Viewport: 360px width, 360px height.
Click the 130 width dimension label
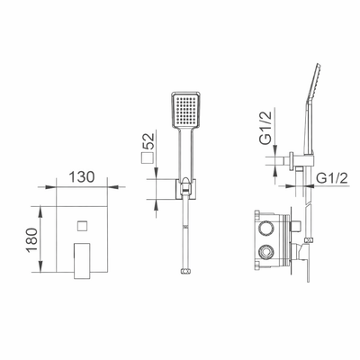click(x=82, y=176)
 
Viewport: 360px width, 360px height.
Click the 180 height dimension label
click(x=32, y=240)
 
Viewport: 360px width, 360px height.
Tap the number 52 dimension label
click(x=148, y=141)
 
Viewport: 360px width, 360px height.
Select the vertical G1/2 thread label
click(x=265, y=128)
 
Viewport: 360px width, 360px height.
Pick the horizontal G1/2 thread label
click(x=332, y=178)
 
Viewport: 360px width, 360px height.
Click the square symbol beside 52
click(x=147, y=157)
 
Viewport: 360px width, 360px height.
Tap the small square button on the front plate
click(x=82, y=226)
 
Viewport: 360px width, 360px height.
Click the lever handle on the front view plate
click(x=82, y=261)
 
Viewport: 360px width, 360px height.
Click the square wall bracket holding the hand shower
click(x=186, y=189)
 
